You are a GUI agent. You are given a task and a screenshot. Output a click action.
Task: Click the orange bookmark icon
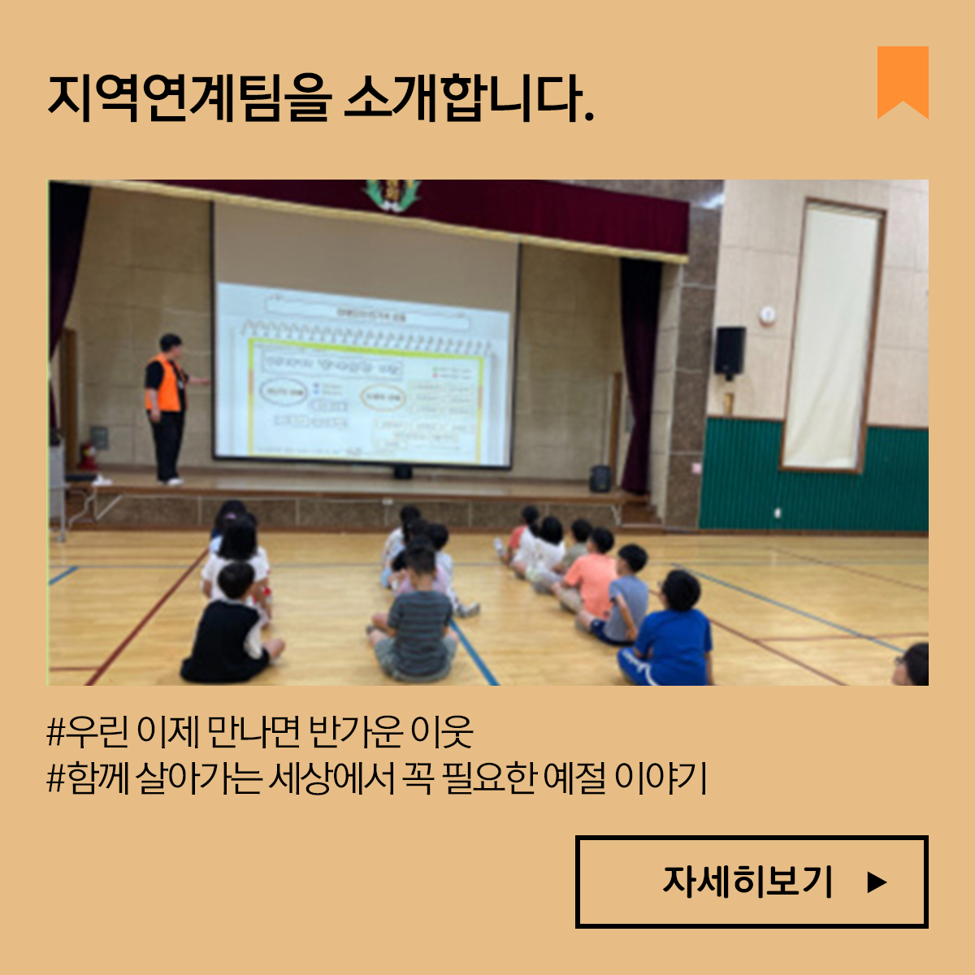point(903,81)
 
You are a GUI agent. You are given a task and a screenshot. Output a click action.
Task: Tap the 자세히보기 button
point(752,882)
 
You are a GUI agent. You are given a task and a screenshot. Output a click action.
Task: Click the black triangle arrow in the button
point(876,882)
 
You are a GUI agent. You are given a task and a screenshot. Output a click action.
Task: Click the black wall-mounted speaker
point(729,351)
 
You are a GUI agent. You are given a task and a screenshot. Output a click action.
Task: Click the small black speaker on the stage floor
point(600,479)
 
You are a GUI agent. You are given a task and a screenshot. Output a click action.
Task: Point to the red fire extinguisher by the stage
point(86,455)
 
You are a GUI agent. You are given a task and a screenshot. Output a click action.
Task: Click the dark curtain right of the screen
point(639,374)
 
